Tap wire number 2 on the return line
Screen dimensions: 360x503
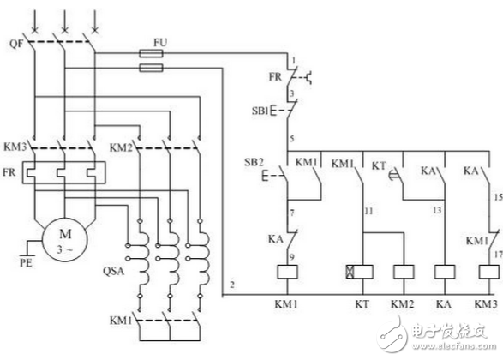pos(232,285)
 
